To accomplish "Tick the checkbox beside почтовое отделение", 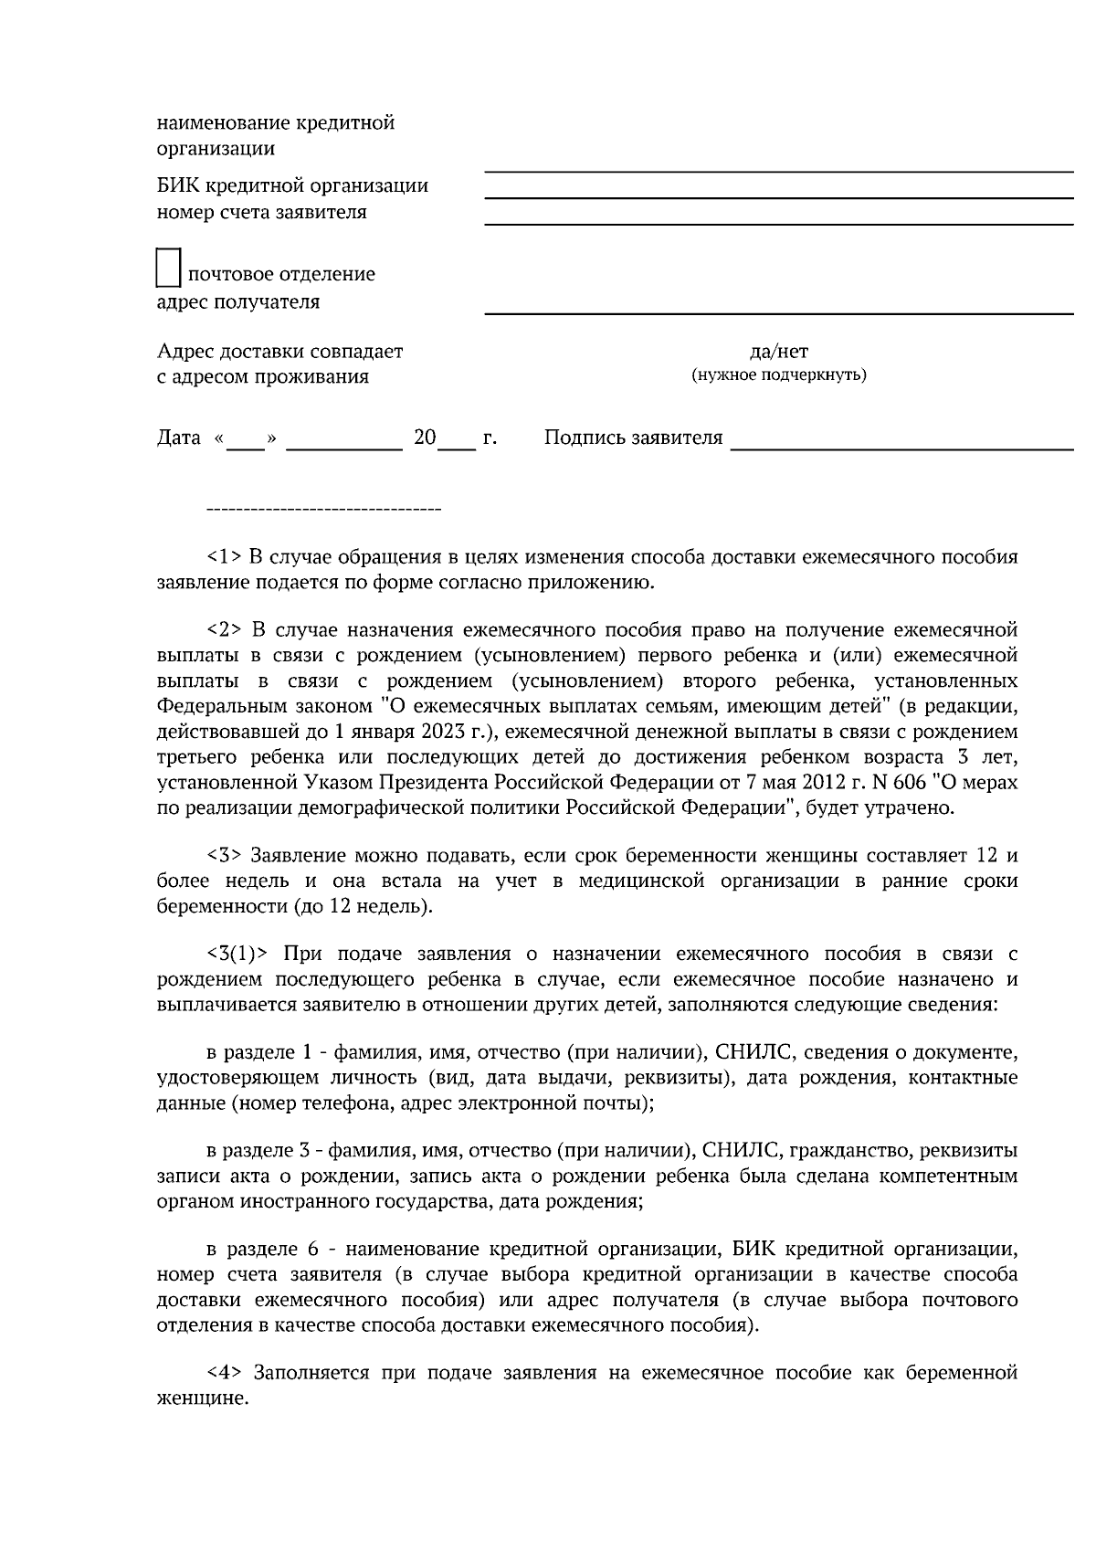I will [x=169, y=268].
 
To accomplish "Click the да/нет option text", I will [x=778, y=352].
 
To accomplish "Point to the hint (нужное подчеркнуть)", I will [x=778, y=375].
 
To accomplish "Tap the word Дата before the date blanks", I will [x=179, y=438].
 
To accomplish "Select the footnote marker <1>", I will [x=225, y=556].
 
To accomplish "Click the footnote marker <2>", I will [x=225, y=630].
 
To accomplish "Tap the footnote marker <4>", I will [x=225, y=1373].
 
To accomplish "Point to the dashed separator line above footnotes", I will [x=324, y=509].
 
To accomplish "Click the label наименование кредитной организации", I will [x=276, y=135].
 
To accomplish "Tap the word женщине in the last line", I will [x=202, y=1398].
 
